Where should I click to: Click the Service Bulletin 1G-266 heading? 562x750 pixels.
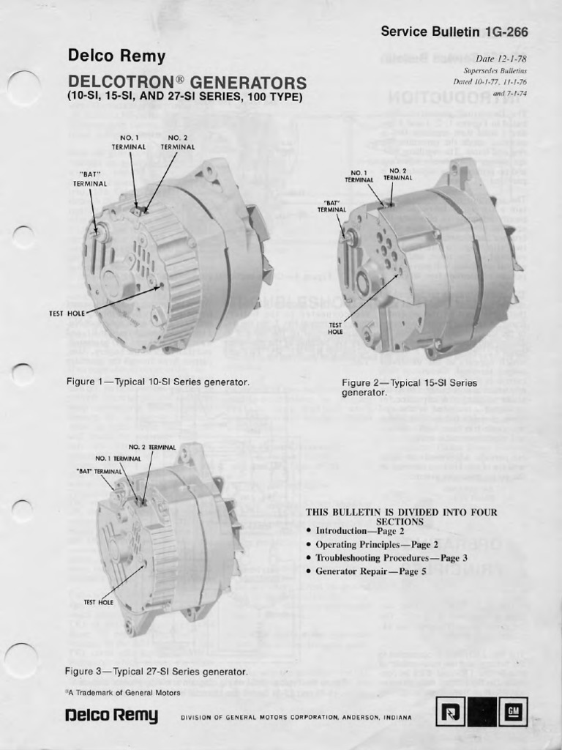point(454,31)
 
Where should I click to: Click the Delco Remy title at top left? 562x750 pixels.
point(116,56)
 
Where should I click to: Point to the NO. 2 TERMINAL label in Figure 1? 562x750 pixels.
point(178,142)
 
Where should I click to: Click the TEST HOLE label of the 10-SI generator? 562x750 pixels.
point(67,313)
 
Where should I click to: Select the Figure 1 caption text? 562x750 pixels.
point(158,382)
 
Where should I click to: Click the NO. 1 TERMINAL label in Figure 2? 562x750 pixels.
point(359,176)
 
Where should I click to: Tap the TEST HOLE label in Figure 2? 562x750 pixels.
point(335,328)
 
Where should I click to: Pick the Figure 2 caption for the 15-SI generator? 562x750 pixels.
point(408,387)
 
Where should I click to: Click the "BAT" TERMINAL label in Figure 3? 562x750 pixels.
point(99,471)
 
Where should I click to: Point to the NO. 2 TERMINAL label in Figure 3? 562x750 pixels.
point(152,447)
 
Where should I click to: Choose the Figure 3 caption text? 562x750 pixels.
point(156,671)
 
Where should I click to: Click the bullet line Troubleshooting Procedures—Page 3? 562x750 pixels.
point(391,557)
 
